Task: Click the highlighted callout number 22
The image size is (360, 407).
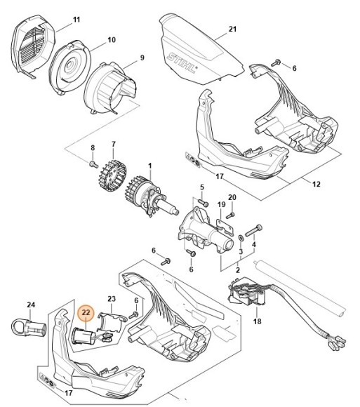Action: (86, 313)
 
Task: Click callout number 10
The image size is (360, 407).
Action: (110, 41)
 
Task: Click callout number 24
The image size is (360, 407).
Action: (30, 305)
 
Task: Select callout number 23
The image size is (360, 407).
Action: (111, 298)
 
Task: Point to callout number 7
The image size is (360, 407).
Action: (112, 145)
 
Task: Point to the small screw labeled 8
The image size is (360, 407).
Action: (93, 164)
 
